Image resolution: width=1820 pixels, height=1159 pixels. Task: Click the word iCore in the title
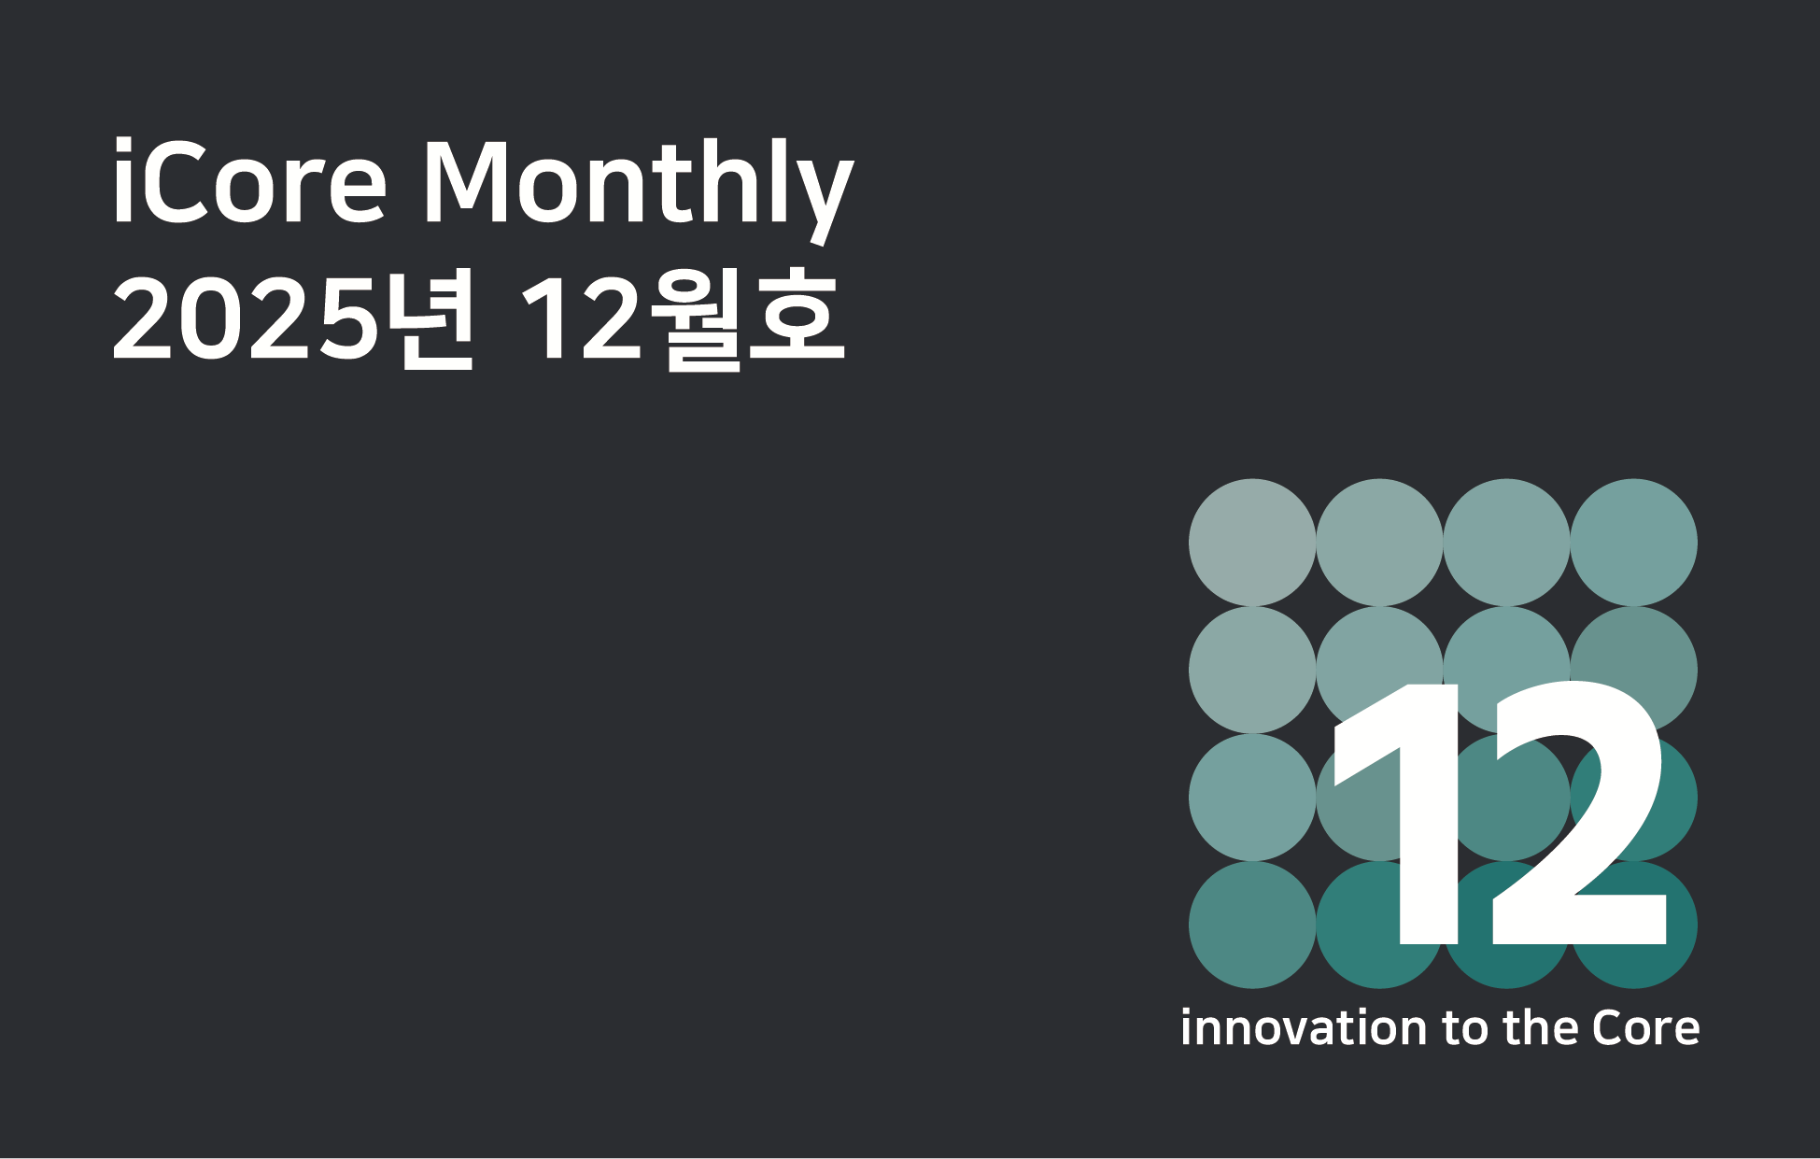coord(249,181)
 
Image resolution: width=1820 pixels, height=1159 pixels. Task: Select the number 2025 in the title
coord(245,319)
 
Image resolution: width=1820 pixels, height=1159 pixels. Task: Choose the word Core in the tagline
coord(1646,1028)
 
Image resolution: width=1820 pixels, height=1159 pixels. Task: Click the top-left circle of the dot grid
coord(1252,543)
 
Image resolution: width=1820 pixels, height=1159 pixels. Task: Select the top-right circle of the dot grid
coord(1634,543)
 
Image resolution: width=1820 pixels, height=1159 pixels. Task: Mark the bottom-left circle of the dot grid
coord(1252,925)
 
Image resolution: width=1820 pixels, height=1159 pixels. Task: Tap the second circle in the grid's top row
coord(1379,543)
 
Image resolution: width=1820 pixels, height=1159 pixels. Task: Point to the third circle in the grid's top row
coord(1507,543)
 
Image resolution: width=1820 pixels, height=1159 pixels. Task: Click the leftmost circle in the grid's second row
coord(1252,670)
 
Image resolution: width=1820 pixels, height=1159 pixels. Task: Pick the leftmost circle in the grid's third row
coord(1252,798)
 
